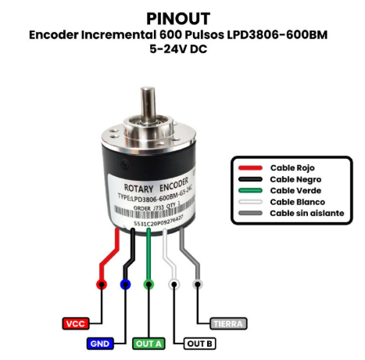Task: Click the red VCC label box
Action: point(75,322)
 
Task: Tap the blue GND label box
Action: point(100,343)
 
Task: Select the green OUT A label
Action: point(149,343)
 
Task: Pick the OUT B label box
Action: point(199,343)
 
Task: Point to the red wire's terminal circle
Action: point(99,284)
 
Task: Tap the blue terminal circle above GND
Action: point(125,284)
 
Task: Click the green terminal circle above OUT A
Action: point(149,284)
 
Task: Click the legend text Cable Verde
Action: point(293,190)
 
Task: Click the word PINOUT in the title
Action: point(181,17)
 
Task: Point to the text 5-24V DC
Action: point(181,50)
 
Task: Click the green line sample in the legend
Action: point(249,190)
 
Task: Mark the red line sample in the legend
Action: point(249,167)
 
